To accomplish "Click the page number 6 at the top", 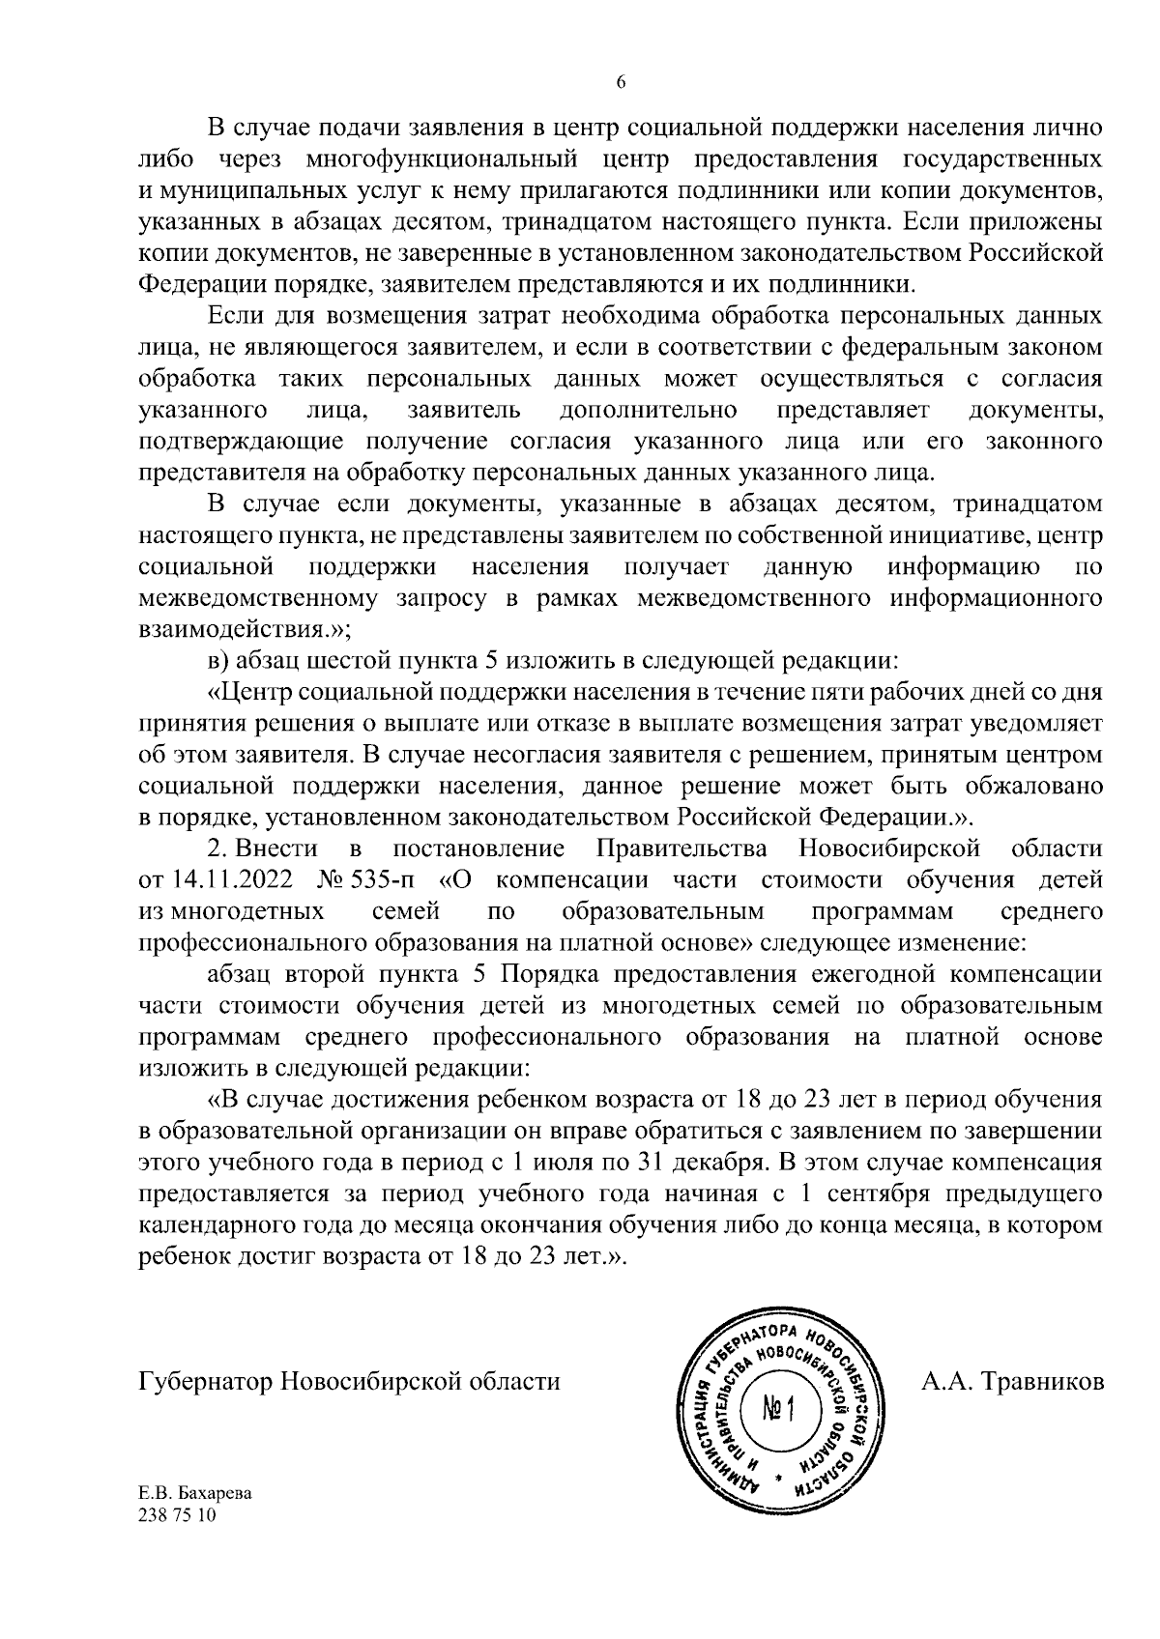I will point(622,83).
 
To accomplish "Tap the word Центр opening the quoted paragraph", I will point(253,693).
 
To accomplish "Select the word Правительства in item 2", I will point(682,849).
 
